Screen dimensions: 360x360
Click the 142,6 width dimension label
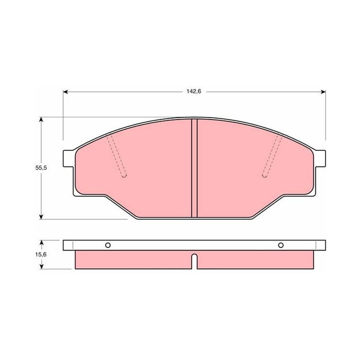pyautogui.click(x=194, y=91)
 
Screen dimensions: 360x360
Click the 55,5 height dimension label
pyautogui.click(x=41, y=167)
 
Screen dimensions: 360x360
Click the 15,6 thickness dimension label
pyautogui.click(x=41, y=254)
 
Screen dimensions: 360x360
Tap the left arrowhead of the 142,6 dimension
pyautogui.click(x=66, y=92)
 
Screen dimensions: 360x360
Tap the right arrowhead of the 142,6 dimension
pyautogui.click(x=323, y=92)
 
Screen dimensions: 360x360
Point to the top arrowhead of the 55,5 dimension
pyautogui.click(x=41, y=120)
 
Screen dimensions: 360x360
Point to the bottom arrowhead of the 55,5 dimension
pyautogui.click(x=41, y=216)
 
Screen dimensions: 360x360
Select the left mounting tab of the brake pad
pyautogui.click(x=69, y=158)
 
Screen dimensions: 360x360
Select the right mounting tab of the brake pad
pyautogui.click(x=320, y=158)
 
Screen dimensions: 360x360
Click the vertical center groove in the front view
pyautogui.click(x=194, y=168)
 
